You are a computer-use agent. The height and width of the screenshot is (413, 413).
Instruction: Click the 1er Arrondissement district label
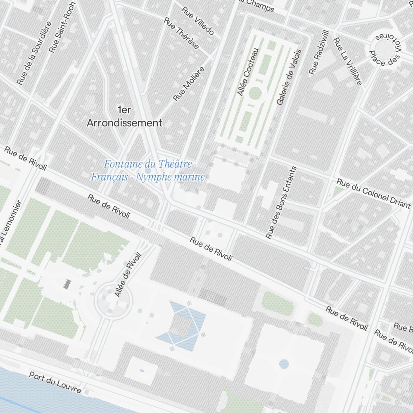124,116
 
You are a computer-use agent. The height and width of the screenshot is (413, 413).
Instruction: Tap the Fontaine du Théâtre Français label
148,171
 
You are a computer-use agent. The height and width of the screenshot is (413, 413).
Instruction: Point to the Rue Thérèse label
181,33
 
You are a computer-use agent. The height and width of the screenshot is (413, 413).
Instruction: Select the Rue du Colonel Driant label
373,194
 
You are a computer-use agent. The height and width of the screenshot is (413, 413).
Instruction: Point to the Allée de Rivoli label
128,275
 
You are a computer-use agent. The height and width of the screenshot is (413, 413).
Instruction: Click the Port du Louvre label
55,382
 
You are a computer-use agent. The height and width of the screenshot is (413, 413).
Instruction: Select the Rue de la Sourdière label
34,53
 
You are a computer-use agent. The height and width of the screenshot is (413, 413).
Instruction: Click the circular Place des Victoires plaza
385,48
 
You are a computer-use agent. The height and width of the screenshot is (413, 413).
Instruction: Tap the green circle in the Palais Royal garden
255,93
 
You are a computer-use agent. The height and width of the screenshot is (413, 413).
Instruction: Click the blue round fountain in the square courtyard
284,364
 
